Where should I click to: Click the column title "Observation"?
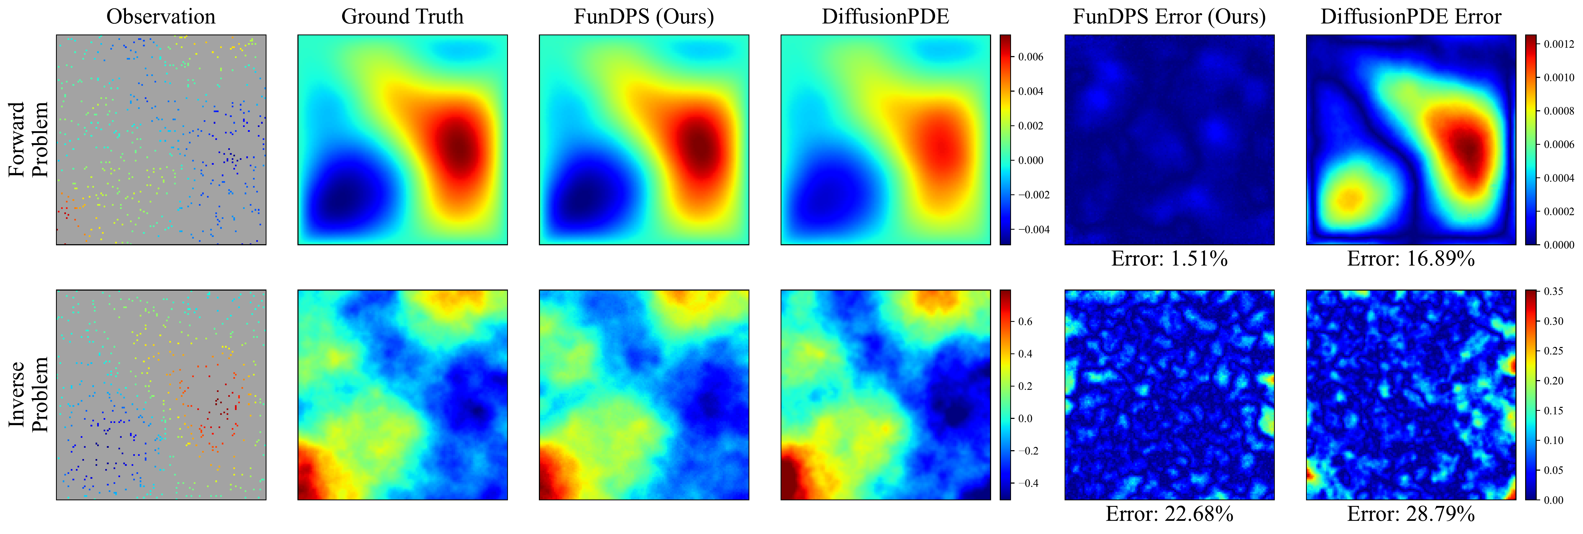tap(161, 17)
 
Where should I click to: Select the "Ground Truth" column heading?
tap(402, 17)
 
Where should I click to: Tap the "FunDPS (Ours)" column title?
tap(644, 17)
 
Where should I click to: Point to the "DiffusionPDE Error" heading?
tap(1411, 17)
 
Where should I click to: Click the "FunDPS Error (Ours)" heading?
tap(1170, 17)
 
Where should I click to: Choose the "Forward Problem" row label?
tap(28, 140)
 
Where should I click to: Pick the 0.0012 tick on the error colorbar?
tap(1560, 44)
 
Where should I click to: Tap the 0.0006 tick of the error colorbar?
tap(1560, 144)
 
